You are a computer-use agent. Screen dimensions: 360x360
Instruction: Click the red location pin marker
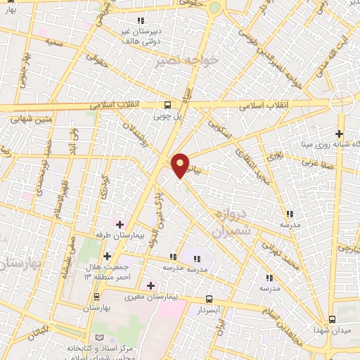181,165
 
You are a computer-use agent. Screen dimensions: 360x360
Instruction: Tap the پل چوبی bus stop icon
167,102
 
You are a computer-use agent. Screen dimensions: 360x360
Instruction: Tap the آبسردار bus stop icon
207,299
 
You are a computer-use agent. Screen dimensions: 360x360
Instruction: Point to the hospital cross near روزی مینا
340,134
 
